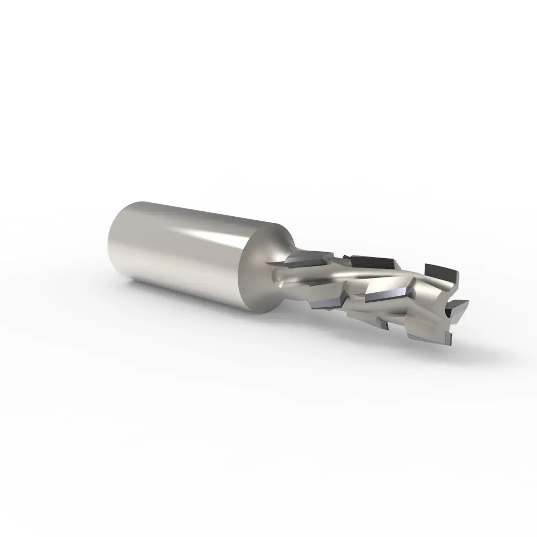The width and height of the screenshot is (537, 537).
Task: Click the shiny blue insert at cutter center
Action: (x=385, y=296)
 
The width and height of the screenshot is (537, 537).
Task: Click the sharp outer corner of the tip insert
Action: (x=468, y=301)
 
